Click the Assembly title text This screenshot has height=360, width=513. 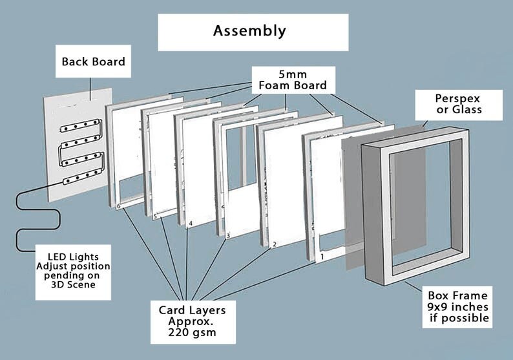coord(249,31)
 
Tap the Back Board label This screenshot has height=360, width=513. coord(93,61)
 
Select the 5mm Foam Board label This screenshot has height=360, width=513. coord(293,80)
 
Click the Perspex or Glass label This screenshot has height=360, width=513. coord(459,104)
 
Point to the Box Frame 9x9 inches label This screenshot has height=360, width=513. coord(458,306)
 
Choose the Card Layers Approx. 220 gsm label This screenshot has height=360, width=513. coord(193,321)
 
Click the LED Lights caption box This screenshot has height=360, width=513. coord(73,272)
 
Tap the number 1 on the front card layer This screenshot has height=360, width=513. coord(322,257)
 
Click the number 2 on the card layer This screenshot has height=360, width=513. coord(275,244)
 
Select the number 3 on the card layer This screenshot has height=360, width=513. coord(228,235)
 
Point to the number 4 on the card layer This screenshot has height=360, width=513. coord(191,224)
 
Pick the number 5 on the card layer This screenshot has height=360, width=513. coord(156,217)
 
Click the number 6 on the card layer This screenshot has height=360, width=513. coord(119,206)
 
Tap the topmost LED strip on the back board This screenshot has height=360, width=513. coord(81,125)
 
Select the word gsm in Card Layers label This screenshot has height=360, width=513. coord(204,332)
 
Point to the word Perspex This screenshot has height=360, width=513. coord(457,98)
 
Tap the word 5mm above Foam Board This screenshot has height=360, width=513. coord(293,74)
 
